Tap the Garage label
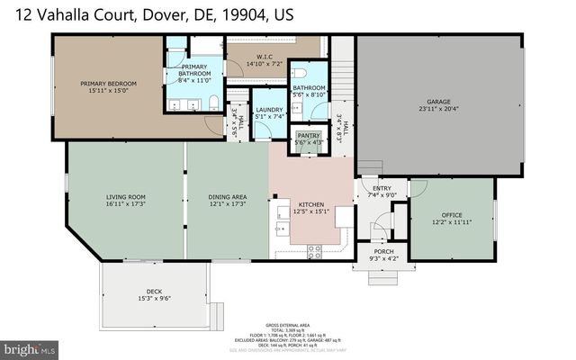(438, 102)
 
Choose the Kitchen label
(311, 205)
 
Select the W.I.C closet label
(265, 57)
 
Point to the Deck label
(154, 292)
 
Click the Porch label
(383, 252)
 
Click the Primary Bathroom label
(195, 70)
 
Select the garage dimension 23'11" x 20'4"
(438, 109)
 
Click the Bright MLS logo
(28, 346)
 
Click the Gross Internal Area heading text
(287, 321)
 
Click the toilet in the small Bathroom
(303, 73)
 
